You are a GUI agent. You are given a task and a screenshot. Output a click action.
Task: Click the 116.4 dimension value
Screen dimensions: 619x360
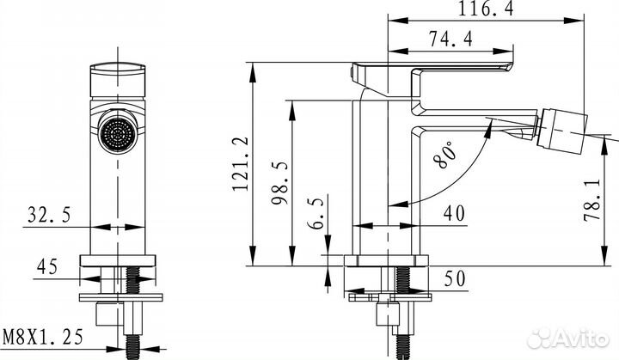[486, 9]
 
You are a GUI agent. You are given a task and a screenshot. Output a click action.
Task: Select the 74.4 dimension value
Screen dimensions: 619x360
[450, 39]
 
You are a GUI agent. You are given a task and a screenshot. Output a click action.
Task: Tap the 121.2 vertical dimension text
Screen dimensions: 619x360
[241, 164]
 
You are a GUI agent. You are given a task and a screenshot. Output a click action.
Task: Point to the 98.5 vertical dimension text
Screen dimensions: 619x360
[279, 182]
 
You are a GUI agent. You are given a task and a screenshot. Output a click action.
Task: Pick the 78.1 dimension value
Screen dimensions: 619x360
[592, 199]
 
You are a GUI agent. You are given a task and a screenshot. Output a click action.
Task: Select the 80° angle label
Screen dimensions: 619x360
[445, 155]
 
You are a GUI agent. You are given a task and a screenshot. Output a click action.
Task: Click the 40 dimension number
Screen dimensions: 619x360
[454, 213]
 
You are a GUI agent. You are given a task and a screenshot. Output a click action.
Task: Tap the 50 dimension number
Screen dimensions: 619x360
[455, 278]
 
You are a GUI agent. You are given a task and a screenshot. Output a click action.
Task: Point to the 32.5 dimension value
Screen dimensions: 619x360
[49, 215]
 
